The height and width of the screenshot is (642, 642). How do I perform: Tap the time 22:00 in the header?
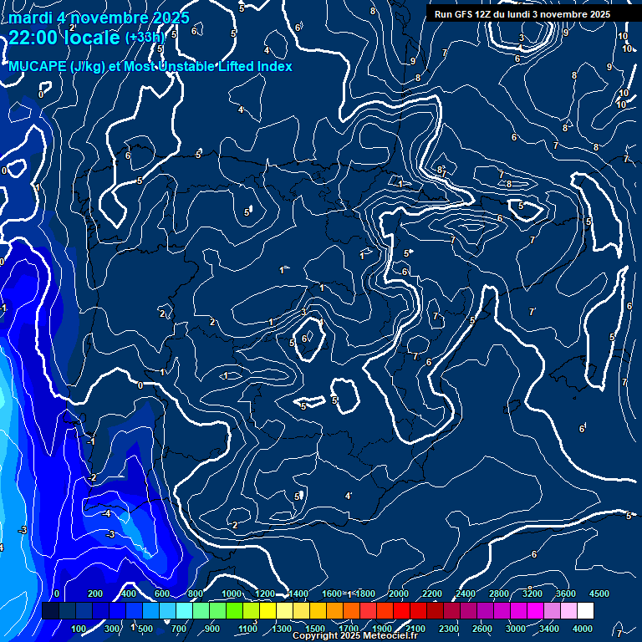tap(33, 38)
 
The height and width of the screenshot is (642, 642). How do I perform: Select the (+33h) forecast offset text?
tap(145, 38)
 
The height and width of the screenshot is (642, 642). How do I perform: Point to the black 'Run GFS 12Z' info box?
tap(522, 14)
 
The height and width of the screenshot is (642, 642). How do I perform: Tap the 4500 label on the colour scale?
tap(599, 594)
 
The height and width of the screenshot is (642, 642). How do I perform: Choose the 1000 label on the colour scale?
tap(232, 594)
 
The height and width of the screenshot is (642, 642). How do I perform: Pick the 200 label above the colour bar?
tap(94, 594)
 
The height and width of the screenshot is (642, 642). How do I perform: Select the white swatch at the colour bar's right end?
tap(585, 611)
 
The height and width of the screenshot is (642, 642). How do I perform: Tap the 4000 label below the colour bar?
tap(583, 629)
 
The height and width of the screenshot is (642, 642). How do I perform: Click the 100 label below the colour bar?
tap(79, 629)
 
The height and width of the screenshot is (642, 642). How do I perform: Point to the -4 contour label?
tap(106, 513)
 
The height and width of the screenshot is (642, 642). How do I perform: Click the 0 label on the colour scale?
tap(56, 594)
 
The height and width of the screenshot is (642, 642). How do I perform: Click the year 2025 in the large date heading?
tap(166, 18)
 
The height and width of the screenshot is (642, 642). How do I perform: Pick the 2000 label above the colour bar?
tap(399, 594)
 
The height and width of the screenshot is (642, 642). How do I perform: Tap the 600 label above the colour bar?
tap(163, 594)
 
